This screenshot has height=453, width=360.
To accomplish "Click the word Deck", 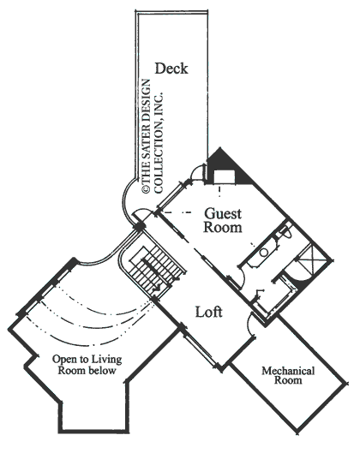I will pos(171,69).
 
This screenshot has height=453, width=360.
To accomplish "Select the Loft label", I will pos(208,313).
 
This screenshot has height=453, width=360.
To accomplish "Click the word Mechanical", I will pos(288,371).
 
